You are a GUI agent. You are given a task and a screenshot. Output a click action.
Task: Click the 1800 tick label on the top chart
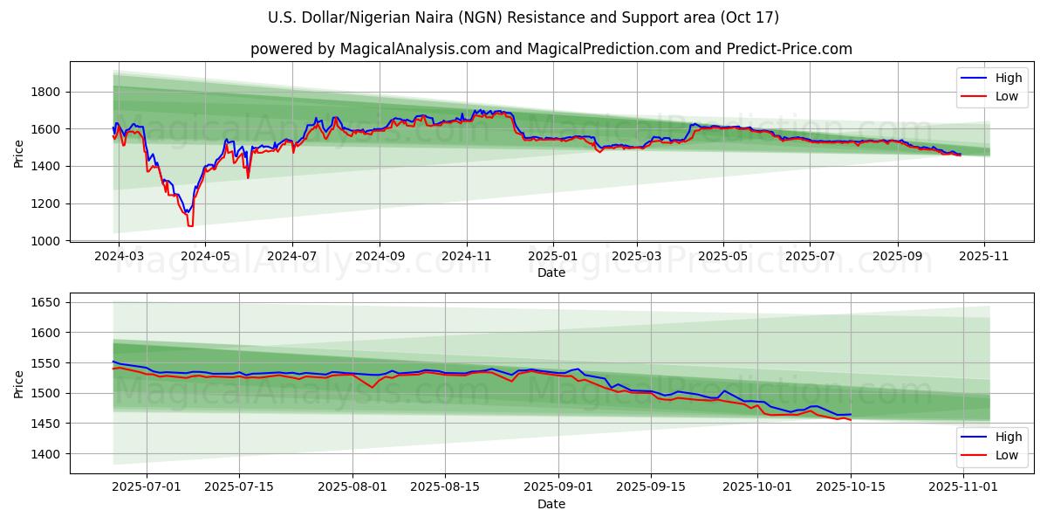click(44, 92)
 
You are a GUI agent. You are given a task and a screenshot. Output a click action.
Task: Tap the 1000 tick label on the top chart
click(44, 241)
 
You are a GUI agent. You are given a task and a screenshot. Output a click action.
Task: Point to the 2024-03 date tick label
click(119, 257)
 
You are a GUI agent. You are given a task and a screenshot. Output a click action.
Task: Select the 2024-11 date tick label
click(466, 257)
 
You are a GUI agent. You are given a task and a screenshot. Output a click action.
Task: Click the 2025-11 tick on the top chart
click(984, 257)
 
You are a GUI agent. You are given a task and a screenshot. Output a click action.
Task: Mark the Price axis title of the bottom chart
click(19, 383)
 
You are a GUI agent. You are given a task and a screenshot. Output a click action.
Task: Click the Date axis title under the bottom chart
click(551, 504)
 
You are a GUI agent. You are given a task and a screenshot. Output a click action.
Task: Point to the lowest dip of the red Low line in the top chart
click(189, 226)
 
